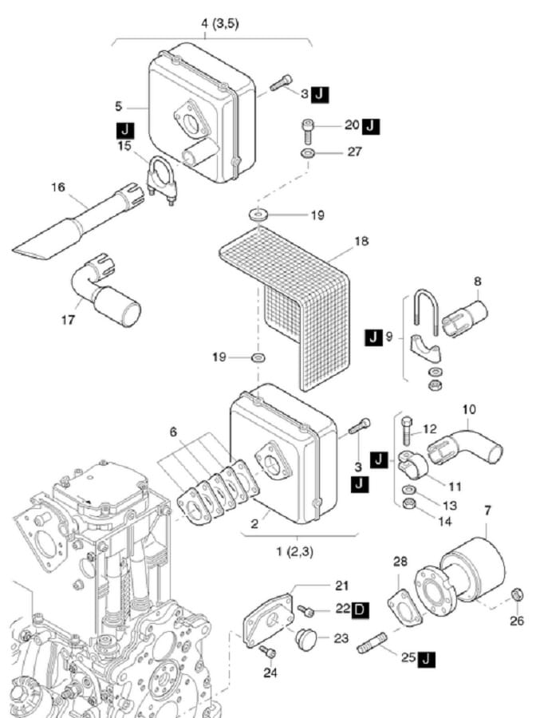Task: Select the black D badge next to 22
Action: pyautogui.click(x=361, y=610)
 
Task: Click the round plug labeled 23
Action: pyautogui.click(x=305, y=639)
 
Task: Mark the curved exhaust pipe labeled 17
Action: pyautogui.click(x=112, y=295)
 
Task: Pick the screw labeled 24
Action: pyautogui.click(x=270, y=653)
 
